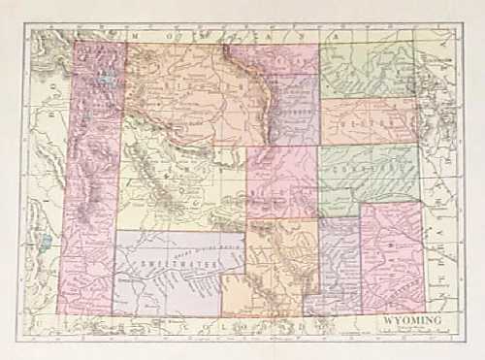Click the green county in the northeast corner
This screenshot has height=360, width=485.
tap(369, 68)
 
